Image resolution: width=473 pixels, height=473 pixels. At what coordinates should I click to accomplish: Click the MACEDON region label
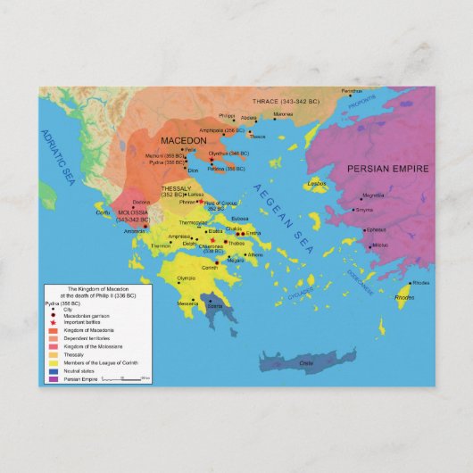pos(185,140)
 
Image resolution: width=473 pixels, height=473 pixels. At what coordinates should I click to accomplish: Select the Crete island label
pos(306,362)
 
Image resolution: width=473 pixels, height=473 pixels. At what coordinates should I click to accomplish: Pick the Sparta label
pos(215,305)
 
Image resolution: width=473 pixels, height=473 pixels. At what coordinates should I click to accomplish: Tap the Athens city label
pos(254,255)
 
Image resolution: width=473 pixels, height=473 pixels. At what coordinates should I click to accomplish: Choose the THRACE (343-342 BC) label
pos(283,102)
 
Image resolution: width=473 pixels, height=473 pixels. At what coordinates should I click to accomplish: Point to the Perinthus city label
pos(352,90)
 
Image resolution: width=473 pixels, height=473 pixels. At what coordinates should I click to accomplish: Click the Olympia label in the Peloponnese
pos(186,278)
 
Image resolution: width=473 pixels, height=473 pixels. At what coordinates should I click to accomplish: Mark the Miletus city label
pos(379,245)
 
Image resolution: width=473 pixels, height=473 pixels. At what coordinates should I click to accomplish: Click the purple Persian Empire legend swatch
pos(53,379)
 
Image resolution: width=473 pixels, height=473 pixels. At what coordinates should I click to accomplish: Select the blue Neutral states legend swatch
pos(53,371)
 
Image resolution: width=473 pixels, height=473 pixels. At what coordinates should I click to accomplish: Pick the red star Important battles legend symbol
pos(53,322)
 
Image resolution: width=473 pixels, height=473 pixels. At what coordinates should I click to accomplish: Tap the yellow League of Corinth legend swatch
pos(53,363)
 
